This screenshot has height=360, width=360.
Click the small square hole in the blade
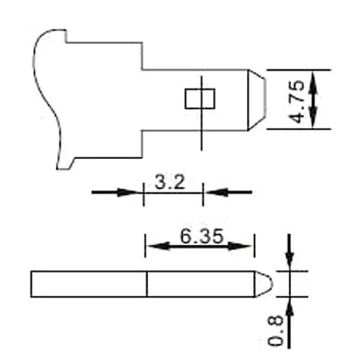tap(196, 99)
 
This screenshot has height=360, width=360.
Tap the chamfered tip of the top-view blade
tap(255, 99)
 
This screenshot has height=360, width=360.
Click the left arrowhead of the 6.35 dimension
tap(154, 246)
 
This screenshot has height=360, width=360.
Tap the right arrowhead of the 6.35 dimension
tap(245, 246)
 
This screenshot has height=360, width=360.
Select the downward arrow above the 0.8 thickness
tap(289, 256)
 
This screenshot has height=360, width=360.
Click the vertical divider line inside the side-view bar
tap(147, 283)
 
